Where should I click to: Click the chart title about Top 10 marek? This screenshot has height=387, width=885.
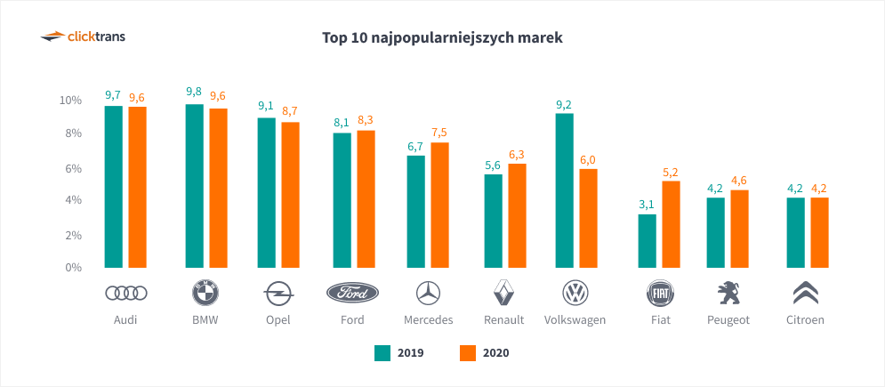[442, 38]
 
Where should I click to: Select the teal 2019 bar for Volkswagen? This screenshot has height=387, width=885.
[565, 190]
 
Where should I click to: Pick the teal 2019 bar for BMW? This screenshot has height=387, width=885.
[194, 186]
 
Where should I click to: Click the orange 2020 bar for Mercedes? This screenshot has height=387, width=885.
[439, 205]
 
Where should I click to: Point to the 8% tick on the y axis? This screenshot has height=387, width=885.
[71, 133]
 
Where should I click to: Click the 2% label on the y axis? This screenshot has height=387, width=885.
[71, 235]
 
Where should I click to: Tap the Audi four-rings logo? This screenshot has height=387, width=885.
[125, 293]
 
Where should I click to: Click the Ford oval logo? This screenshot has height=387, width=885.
[352, 293]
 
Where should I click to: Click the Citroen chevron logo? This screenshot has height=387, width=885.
[807, 293]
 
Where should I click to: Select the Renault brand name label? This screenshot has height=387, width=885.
[504, 320]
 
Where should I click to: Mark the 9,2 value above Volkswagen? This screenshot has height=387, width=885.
[564, 104]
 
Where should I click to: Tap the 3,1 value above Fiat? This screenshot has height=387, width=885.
[647, 205]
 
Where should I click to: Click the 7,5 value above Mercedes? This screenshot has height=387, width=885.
[439, 133]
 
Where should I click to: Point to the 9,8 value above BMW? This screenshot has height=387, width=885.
[194, 93]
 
